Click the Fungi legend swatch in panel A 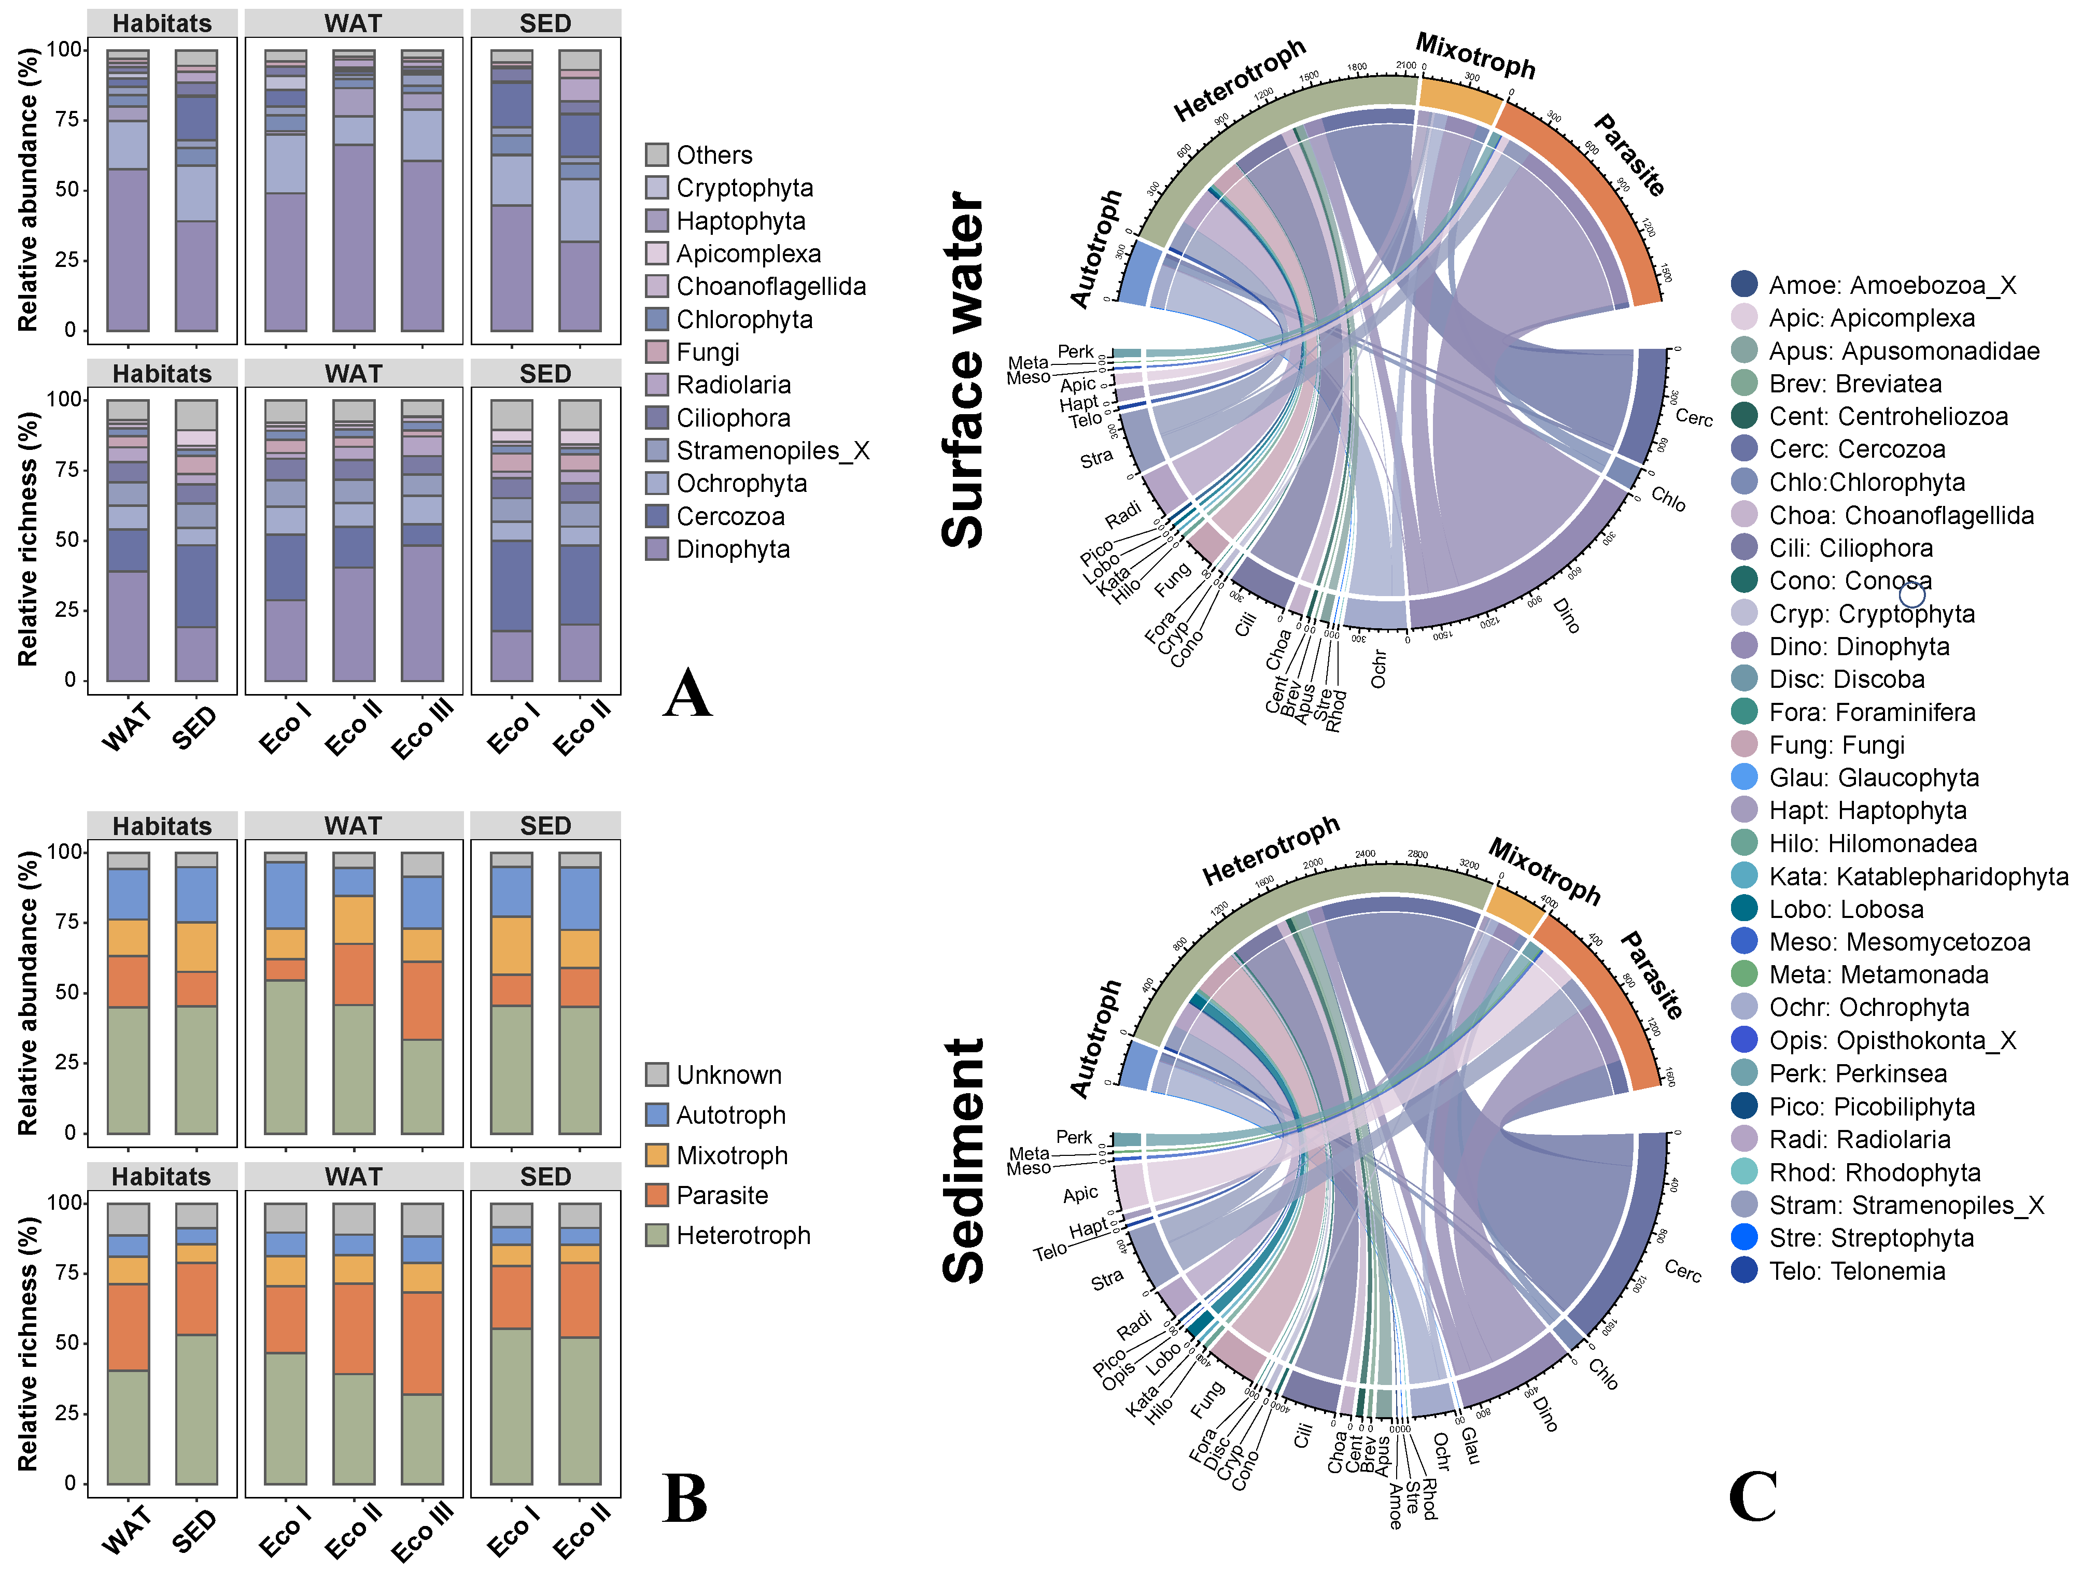click(657, 352)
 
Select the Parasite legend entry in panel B click(722, 1195)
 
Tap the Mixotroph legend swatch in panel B click(657, 1155)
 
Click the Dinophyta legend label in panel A click(733, 549)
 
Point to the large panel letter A click(687, 695)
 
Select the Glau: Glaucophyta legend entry click(1873, 778)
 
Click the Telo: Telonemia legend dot click(1744, 1270)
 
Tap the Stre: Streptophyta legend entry click(1871, 1238)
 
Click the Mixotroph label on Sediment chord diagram click(1544, 871)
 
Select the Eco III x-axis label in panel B click(423, 1531)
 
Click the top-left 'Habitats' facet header click(162, 23)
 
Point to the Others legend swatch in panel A click(657, 154)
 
